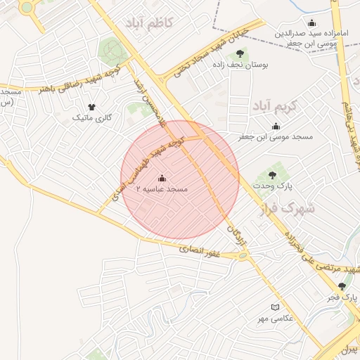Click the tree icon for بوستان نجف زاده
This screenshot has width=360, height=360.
pos(240,53)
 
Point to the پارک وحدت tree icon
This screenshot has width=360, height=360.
pos(272,175)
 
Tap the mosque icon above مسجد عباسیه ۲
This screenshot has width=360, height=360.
pos(162,179)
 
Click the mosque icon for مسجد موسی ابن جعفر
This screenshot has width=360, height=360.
pos(276,127)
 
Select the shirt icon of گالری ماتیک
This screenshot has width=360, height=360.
pos(91,106)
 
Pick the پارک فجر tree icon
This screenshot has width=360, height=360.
pos(342,286)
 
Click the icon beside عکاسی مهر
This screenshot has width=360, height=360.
pos(275,307)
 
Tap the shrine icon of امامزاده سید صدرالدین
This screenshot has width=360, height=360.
pos(312,22)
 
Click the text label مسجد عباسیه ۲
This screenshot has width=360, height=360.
pos(162,190)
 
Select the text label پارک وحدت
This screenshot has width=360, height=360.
pos(273,186)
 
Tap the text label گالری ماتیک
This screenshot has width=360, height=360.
pos(91,117)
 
